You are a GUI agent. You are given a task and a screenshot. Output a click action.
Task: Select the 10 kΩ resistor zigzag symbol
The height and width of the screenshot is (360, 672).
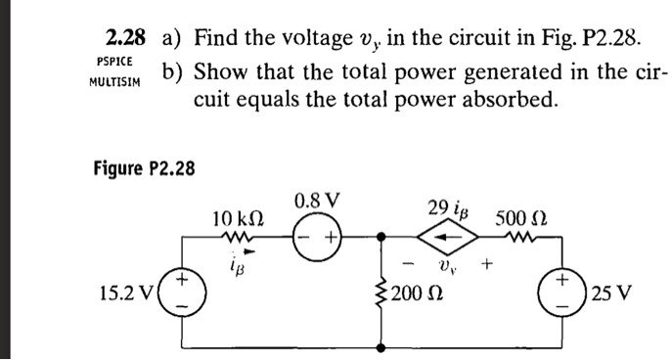click(238, 236)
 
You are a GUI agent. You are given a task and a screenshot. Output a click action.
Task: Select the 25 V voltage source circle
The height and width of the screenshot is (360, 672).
click(561, 292)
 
